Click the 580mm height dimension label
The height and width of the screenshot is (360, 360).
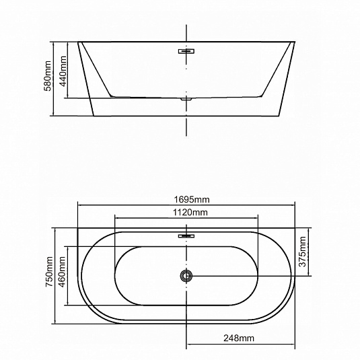coord(48,76)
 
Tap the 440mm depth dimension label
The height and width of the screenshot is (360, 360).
coord(63,71)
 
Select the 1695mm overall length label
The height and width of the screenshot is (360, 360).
coord(192,200)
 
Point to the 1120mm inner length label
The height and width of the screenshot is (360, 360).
coord(190,213)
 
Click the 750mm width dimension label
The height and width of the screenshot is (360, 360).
coord(49,271)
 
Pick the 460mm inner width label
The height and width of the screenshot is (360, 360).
coord(62,272)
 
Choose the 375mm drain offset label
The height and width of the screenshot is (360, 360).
coord(302,252)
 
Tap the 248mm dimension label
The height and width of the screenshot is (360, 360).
coord(239,338)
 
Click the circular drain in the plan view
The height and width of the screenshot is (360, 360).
coord(186,275)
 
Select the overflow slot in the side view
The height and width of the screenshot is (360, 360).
coord(186,51)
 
